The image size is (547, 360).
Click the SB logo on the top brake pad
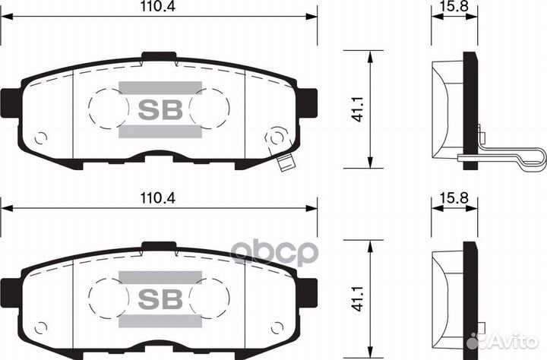coord(160,109)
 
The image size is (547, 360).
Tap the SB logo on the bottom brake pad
coord(160,298)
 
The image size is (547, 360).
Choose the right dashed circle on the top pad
coord(210,109)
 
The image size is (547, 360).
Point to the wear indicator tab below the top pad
coord(286,163)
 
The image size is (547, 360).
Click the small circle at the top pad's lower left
coord(41,138)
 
